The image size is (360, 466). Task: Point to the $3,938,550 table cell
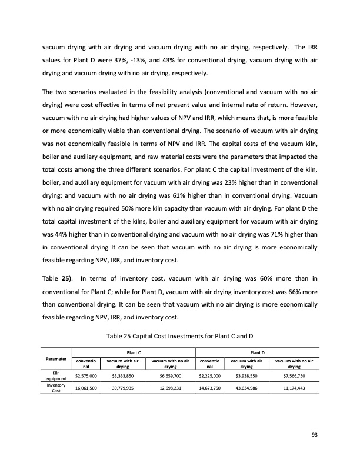pos(248,374)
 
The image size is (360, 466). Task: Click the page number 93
pos(314,435)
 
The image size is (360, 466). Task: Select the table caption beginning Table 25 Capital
pos(180,335)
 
